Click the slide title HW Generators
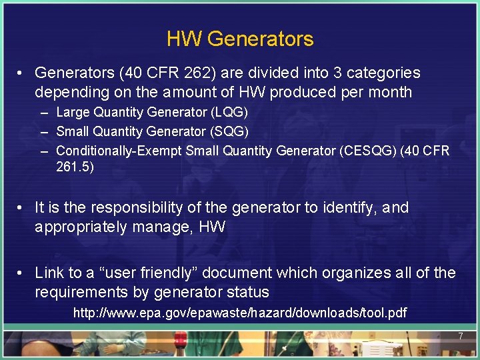click(x=240, y=39)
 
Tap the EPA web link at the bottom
click(x=240, y=312)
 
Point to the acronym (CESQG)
click(x=367, y=151)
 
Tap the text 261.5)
click(x=75, y=167)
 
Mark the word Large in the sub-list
click(x=72, y=113)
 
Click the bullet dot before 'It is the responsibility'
click(x=21, y=208)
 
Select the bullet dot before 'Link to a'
click(x=21, y=273)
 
